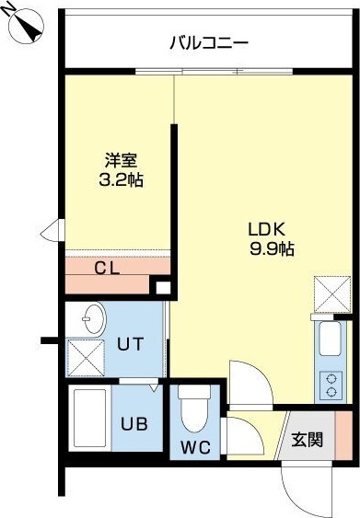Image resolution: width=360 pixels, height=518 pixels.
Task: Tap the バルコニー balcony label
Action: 209,42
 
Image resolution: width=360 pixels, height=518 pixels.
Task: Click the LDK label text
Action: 269,228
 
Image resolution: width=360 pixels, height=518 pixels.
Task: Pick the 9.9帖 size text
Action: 271,248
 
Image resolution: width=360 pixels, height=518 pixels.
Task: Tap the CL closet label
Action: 109,269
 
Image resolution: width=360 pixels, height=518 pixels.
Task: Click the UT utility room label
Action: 130,346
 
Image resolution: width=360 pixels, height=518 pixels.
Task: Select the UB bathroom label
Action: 134,425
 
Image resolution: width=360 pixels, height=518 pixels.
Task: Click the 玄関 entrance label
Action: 308,440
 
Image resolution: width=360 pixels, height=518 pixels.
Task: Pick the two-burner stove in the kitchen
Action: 330,384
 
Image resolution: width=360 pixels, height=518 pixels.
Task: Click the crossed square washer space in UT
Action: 86,357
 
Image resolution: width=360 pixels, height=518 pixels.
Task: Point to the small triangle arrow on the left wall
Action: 56,228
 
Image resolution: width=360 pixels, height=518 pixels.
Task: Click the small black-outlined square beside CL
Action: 162,289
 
